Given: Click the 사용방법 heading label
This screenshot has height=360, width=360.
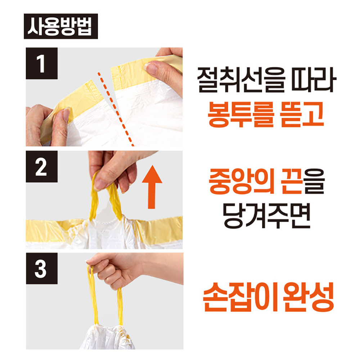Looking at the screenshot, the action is click(x=61, y=26).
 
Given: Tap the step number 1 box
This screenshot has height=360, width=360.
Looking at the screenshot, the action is click(x=41, y=63).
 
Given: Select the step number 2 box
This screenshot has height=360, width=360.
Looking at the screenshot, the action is click(x=41, y=166).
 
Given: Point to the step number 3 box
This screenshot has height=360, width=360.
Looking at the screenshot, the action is click(x=41, y=269).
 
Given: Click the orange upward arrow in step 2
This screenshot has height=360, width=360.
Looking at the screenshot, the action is click(x=152, y=187).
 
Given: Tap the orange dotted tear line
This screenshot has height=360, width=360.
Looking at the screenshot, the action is click(x=116, y=109).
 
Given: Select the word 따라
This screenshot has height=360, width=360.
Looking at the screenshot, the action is click(x=314, y=80).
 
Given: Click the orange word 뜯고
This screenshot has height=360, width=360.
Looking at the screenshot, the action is click(x=302, y=114).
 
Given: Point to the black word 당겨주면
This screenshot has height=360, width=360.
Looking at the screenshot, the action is click(x=266, y=215).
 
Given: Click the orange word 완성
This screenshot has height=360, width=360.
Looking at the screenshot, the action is click(x=308, y=297).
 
